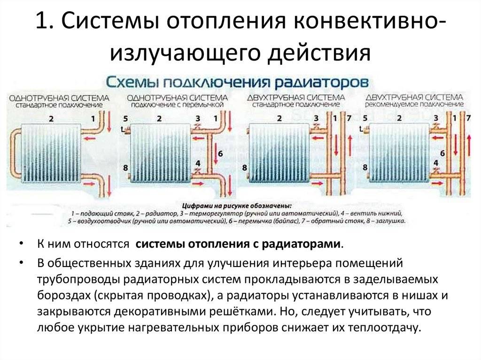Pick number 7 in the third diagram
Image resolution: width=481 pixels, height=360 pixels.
coord(348,118)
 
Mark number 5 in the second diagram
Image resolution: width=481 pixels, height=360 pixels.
coord(125,118)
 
